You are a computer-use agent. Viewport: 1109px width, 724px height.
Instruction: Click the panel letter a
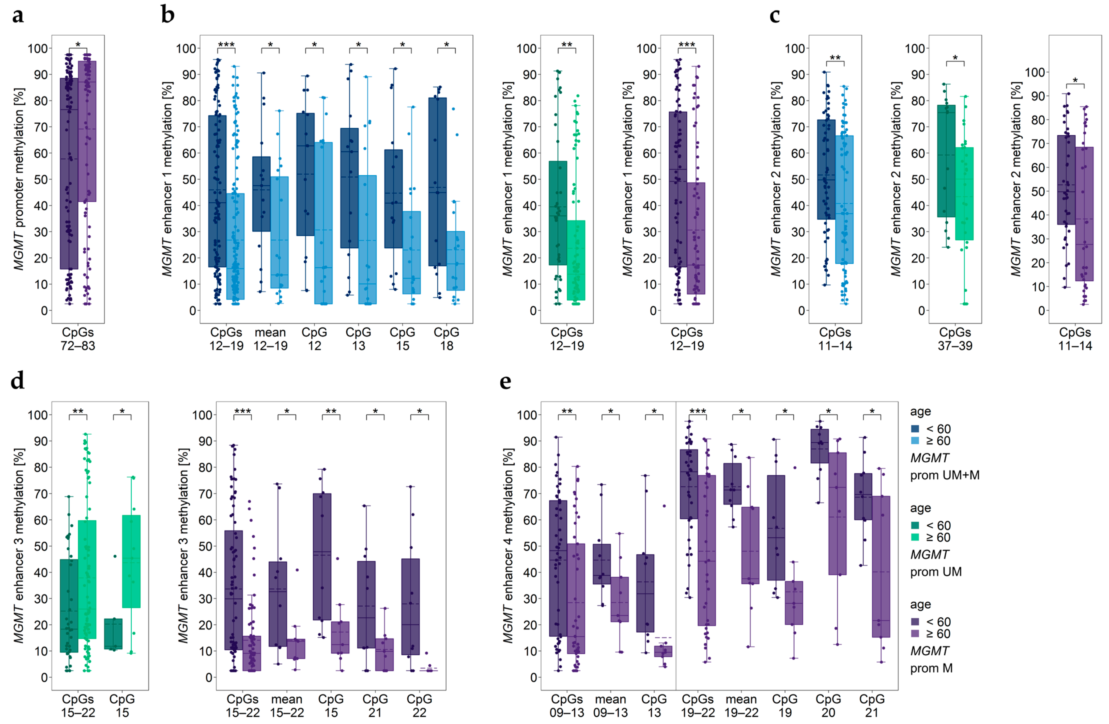point(18,15)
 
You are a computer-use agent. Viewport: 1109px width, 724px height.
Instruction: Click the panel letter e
point(505,381)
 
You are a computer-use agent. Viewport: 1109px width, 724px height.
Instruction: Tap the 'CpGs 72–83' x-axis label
point(78,339)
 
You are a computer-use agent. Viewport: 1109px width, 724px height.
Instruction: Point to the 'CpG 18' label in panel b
point(446,339)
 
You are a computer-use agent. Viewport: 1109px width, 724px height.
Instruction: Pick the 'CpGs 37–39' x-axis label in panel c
point(955,339)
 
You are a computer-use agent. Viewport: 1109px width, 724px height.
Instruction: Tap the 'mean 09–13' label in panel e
point(610,705)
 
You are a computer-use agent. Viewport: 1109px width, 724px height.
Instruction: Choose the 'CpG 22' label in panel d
point(419,705)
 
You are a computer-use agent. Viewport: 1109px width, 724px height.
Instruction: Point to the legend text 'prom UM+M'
point(945,475)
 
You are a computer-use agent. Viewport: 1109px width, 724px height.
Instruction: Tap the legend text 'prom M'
point(931,668)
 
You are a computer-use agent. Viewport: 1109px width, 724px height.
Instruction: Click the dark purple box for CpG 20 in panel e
point(820,446)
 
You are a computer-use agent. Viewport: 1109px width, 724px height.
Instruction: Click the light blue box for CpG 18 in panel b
point(455,261)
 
